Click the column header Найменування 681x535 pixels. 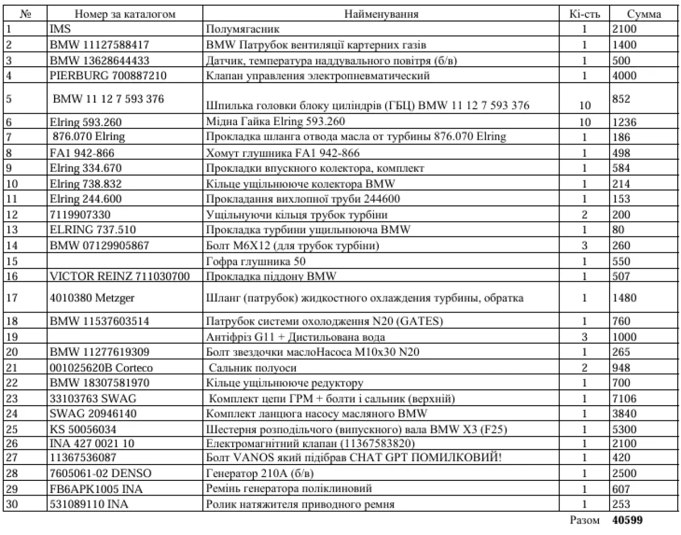pyautogui.click(x=381, y=14)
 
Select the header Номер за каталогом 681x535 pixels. pyautogui.click(x=125, y=14)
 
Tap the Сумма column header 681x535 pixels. pyautogui.click(x=644, y=14)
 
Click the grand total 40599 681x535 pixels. pyautogui.click(x=627, y=520)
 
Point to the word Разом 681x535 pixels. pyautogui.click(x=584, y=520)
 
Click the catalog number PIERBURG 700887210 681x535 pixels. pyautogui.click(x=108, y=76)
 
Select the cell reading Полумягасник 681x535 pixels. pyautogui.click(x=243, y=29)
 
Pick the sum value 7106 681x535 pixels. pyautogui.click(x=624, y=398)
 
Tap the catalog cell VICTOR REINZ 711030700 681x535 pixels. pyautogui.click(x=119, y=276)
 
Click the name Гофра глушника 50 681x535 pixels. pyautogui.click(x=255, y=261)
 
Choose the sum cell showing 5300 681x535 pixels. pyautogui.click(x=624, y=429)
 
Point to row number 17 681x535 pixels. pyautogui.click(x=12, y=298)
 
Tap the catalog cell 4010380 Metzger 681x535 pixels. pyautogui.click(x=92, y=298)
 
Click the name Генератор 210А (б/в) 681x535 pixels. pyautogui.click(x=260, y=473)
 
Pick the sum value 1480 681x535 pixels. pyautogui.click(x=624, y=298)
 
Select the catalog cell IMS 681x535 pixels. pyautogui.click(x=60, y=29)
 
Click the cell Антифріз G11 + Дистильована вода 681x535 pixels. pyautogui.click(x=295, y=337)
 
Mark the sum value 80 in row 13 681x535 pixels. pyautogui.click(x=618, y=230)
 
